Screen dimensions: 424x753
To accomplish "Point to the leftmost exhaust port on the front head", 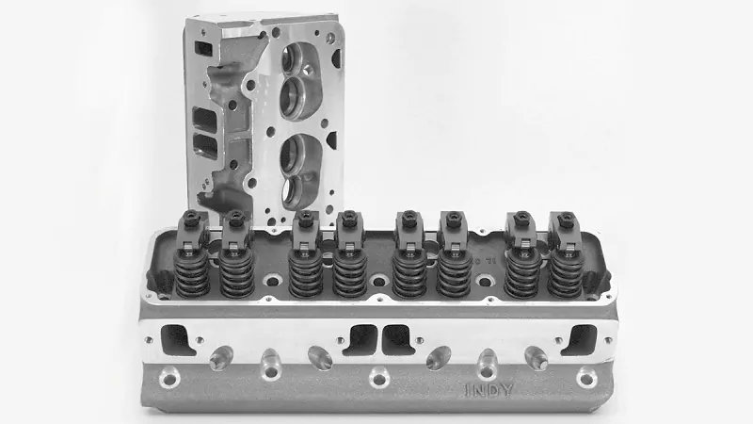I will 177,337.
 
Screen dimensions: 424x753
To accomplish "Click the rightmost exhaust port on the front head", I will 579,338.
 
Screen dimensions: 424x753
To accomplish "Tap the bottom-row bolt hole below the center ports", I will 378,379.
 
